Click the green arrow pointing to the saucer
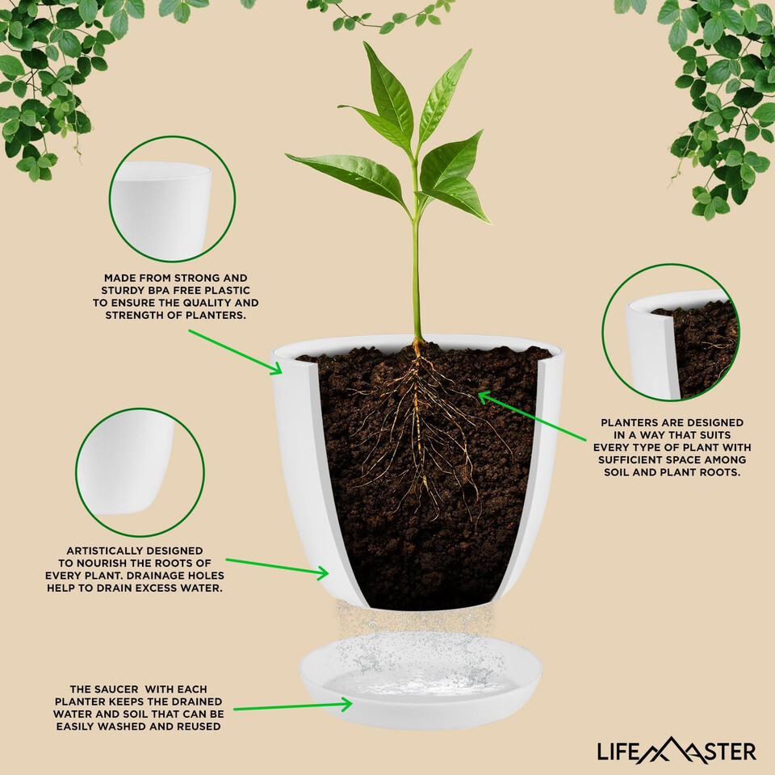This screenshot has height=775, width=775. click(292, 706)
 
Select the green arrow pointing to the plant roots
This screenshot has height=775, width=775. click(532, 416)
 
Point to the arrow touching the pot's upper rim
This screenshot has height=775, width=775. click(235, 352)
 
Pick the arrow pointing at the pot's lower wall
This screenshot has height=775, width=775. click(277, 568)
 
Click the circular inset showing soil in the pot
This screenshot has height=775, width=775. click(671, 332)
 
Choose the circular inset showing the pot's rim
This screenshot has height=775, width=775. click(172, 199)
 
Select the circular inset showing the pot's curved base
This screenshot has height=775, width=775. click(140, 472)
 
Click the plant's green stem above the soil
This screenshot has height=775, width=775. click(416, 277)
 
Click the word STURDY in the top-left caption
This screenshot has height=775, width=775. click(118, 290)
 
